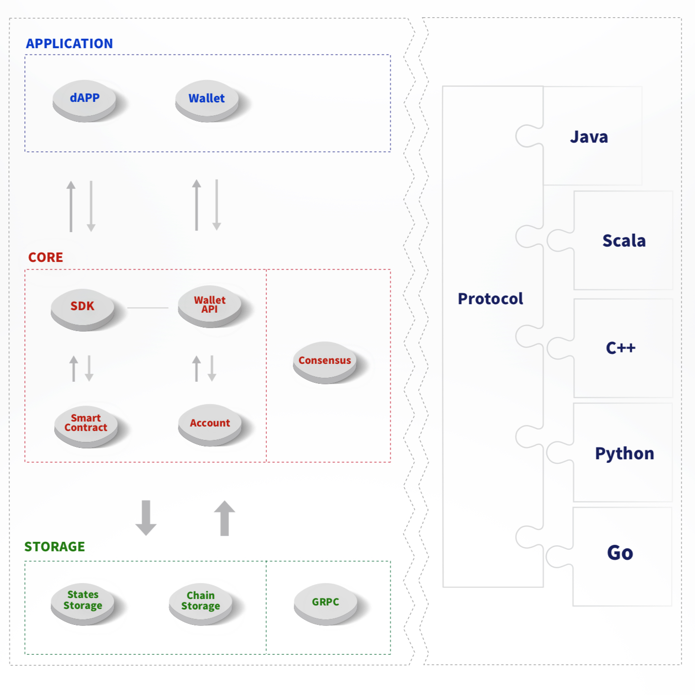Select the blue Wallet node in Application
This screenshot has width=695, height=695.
[x=207, y=99]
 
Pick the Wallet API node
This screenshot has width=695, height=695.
[x=210, y=305]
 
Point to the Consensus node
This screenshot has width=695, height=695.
[x=325, y=361]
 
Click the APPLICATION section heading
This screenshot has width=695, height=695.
[x=70, y=44]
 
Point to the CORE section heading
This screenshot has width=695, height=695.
[x=46, y=258]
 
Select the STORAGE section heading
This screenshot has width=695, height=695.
[x=55, y=547]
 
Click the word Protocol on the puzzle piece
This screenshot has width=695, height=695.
[x=490, y=299]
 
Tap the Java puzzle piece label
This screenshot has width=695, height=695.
[x=589, y=137]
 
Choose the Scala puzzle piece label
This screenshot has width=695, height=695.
[x=624, y=241]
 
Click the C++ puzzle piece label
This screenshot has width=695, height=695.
[x=621, y=348]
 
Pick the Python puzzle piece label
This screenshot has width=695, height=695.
[x=624, y=453]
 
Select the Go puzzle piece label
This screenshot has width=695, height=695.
[x=620, y=553]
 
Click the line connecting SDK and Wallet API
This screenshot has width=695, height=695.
[x=148, y=308]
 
